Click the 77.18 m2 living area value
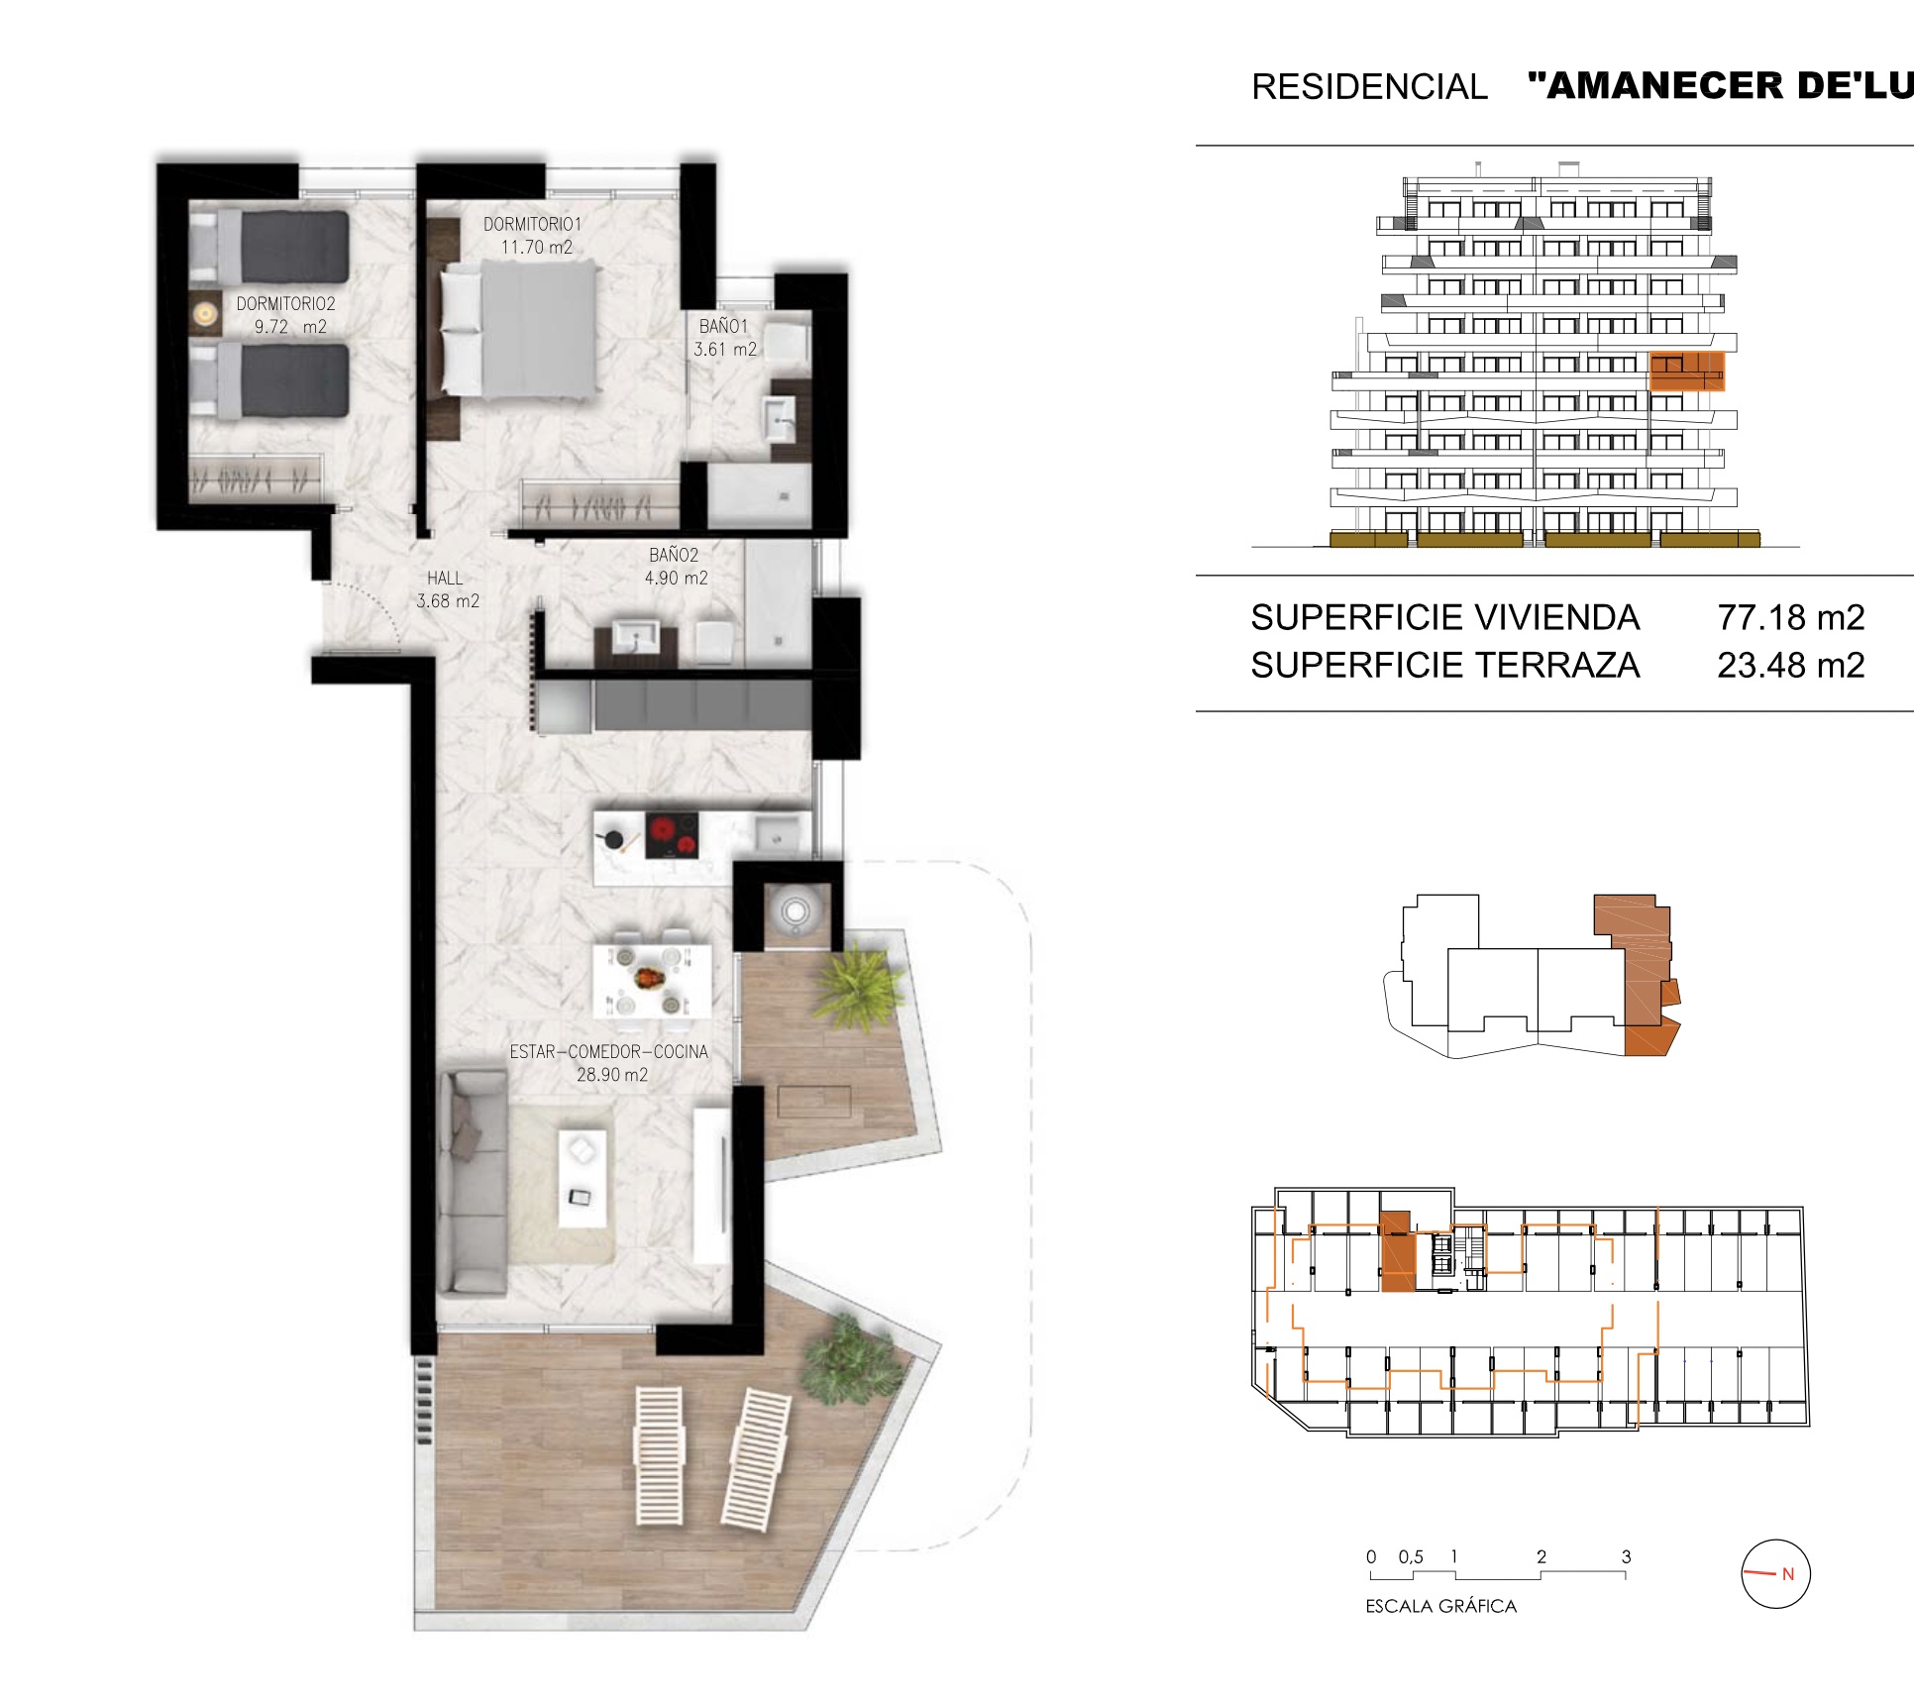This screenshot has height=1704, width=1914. pos(1791,617)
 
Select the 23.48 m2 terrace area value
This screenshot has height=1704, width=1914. pos(1791,665)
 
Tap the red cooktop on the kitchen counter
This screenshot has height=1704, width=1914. pos(672,835)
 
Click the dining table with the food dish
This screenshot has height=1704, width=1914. pos(652,981)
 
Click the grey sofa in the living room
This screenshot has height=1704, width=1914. pos(474,1183)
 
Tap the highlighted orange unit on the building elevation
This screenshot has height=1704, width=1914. pos(1687,371)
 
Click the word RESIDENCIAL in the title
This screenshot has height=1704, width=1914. pos(1369,87)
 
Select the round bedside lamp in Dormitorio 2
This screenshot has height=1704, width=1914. pos(205,314)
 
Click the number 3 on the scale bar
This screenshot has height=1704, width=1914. pos(1626,1556)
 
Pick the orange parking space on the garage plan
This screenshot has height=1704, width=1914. pos(1397,1250)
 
